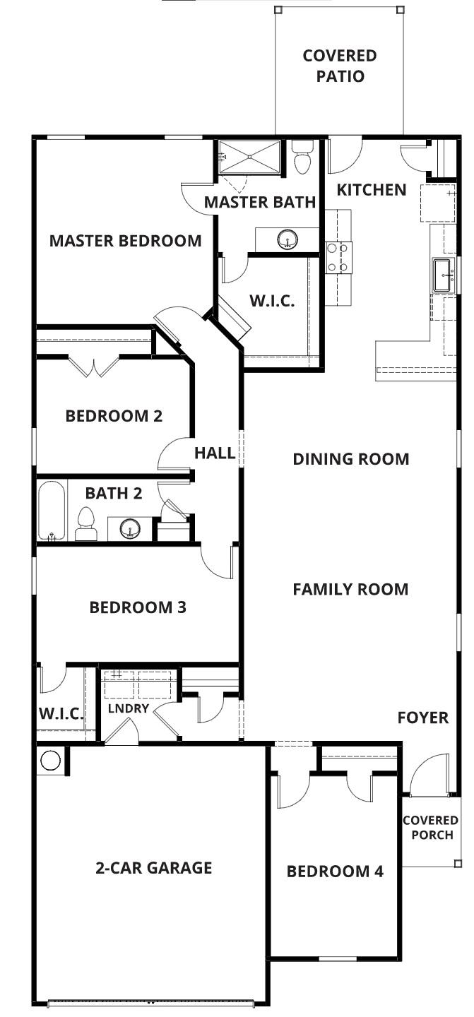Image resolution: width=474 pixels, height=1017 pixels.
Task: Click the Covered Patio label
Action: [x=339, y=66]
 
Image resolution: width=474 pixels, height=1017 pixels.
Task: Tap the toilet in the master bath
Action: [x=302, y=158]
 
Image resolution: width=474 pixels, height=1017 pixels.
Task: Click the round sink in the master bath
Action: [x=287, y=239]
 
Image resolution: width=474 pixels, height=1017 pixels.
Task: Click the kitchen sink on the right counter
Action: [x=443, y=274]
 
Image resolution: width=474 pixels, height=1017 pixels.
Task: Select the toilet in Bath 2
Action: [x=85, y=523]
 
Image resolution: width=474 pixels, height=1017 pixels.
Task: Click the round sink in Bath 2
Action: [x=129, y=527]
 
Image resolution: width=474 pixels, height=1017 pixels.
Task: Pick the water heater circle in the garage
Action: [x=51, y=760]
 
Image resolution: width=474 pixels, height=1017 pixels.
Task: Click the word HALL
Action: [x=215, y=453]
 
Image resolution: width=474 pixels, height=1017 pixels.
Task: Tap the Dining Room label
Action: [x=350, y=459]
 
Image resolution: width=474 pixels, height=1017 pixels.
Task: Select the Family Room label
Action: [x=350, y=589]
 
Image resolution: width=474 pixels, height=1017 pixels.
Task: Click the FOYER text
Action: [x=422, y=718]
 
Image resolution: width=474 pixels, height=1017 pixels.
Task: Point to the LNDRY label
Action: [x=128, y=708]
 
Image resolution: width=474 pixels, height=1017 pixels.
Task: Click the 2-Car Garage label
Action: [x=153, y=867]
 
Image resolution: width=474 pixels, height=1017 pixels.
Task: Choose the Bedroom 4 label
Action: [x=335, y=872]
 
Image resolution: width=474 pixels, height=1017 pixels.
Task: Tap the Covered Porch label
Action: [x=430, y=828]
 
